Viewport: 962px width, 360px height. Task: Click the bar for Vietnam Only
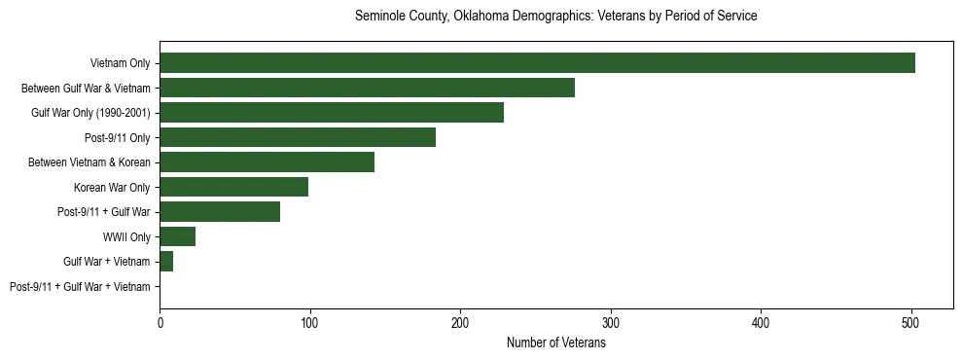(537, 63)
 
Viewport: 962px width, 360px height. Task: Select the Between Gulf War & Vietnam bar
(367, 88)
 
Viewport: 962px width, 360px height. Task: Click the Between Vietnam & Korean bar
(267, 162)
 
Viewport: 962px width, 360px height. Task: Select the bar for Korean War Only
(233, 187)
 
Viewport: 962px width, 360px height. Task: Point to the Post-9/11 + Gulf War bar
(220, 212)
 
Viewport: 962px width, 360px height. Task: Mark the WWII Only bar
(177, 236)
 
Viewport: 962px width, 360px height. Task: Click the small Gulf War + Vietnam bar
(166, 262)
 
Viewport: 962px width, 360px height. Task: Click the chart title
(555, 17)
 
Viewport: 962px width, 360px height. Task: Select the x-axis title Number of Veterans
(555, 342)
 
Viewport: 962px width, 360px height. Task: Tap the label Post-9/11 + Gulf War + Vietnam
(80, 287)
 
